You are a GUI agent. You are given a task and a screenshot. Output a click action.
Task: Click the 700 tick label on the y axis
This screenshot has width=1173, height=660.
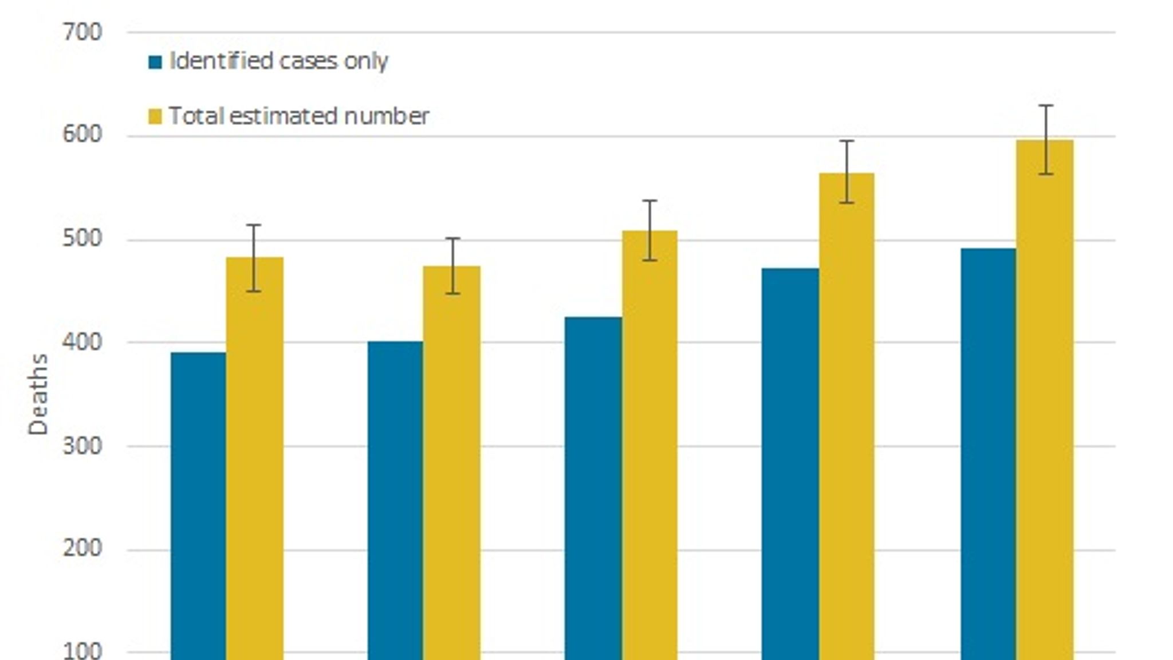click(82, 32)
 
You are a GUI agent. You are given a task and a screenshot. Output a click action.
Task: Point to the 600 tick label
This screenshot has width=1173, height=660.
click(82, 135)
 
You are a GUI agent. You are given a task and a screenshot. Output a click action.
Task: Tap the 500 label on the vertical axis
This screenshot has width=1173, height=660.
click(82, 238)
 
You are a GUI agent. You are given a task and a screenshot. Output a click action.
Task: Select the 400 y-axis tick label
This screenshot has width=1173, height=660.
click(82, 342)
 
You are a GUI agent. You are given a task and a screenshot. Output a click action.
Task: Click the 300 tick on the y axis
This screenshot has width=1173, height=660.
click(82, 446)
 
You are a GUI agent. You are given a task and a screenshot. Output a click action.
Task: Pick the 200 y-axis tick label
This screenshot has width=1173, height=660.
click(82, 548)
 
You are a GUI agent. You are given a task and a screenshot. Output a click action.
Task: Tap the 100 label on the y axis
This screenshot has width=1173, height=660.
click(82, 651)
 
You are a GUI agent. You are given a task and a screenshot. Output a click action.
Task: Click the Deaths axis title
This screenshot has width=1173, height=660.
click(38, 394)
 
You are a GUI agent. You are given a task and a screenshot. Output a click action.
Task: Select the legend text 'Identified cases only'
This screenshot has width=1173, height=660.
click(279, 61)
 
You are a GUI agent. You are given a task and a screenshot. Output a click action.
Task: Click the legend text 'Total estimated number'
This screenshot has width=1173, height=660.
click(299, 116)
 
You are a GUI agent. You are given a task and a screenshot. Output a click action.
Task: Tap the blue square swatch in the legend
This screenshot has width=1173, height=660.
click(155, 62)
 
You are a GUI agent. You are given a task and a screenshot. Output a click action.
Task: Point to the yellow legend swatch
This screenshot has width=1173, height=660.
click(155, 117)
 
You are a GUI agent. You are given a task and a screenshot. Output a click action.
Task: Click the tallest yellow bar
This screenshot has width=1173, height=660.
click(1045, 401)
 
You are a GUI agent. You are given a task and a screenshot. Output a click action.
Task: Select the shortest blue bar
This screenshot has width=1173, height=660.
click(198, 504)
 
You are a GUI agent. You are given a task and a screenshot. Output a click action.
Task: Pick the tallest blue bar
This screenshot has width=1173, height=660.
click(988, 453)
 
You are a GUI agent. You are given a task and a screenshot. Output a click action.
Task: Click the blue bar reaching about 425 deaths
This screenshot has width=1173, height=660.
click(593, 487)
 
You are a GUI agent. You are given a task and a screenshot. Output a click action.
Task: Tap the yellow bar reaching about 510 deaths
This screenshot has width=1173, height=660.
click(650, 447)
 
